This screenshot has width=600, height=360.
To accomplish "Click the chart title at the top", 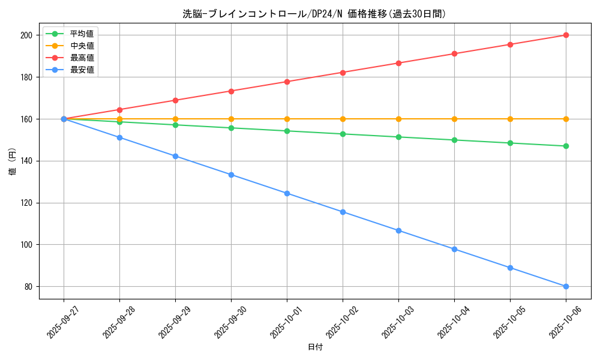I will pyautogui.click(x=314, y=14).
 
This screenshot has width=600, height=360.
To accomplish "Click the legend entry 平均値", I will pyautogui.click(x=82, y=34).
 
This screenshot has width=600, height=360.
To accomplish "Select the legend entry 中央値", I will pyautogui.click(x=82, y=46).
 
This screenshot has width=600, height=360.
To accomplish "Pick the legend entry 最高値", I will pyautogui.click(x=82, y=58).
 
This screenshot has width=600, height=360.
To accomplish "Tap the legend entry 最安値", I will pyautogui.click(x=82, y=70).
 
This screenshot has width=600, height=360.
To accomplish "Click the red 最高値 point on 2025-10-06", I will pyautogui.click(x=566, y=35).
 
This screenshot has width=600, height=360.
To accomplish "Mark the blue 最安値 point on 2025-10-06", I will pyautogui.click(x=566, y=286).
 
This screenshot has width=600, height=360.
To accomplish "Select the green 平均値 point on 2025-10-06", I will pyautogui.click(x=566, y=146).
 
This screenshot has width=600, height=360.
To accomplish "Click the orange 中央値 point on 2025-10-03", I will pyautogui.click(x=398, y=119).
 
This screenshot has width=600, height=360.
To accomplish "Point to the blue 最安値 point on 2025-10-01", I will pyautogui.click(x=287, y=193).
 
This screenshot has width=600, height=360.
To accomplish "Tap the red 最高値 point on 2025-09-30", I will pyautogui.click(x=231, y=91).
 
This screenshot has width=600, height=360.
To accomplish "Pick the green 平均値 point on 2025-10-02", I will pyautogui.click(x=343, y=134).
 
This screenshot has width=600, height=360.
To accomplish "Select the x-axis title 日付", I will pyautogui.click(x=314, y=347).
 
